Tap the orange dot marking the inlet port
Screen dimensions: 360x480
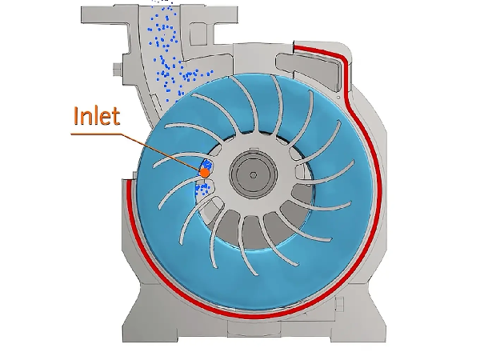(205, 171)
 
